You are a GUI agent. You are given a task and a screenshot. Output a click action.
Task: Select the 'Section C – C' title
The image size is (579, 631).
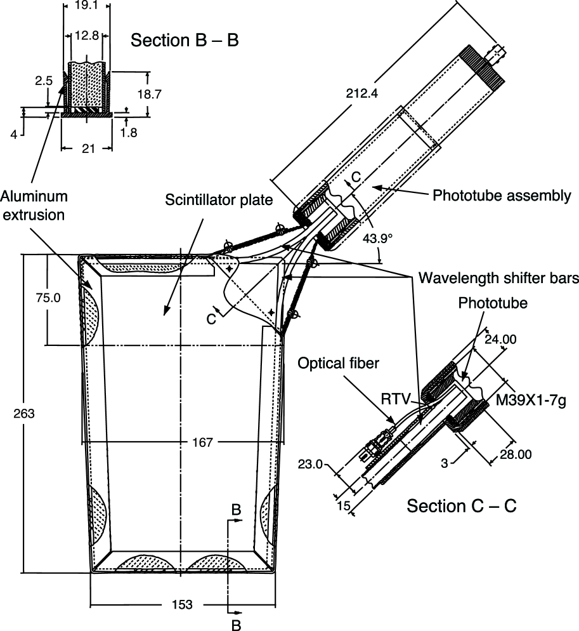[462, 506]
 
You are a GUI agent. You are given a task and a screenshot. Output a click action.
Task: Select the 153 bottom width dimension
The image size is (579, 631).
[182, 604]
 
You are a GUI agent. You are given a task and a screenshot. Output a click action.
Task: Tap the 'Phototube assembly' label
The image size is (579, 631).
[502, 196]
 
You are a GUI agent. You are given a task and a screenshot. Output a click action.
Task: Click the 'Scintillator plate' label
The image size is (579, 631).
[219, 200]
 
